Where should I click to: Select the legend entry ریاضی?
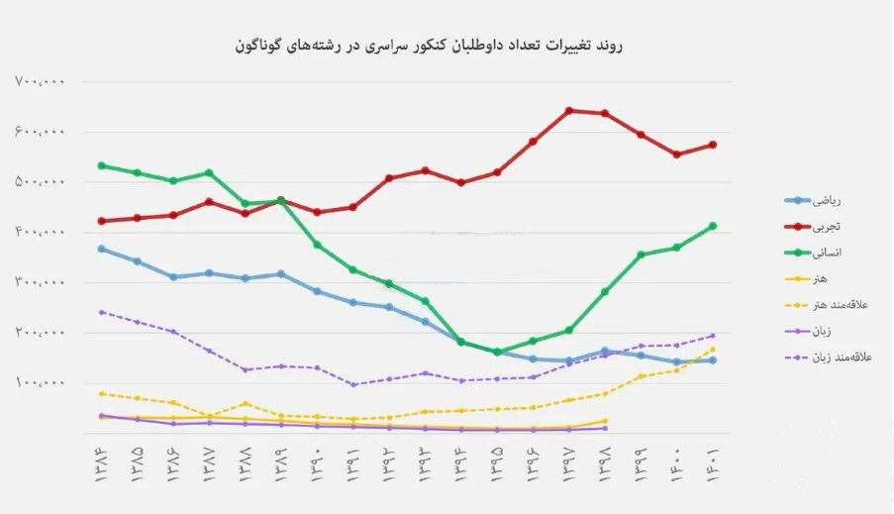tap(826, 201)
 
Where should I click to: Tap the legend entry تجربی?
tap(826, 227)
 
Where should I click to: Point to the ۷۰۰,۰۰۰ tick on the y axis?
tap(40, 82)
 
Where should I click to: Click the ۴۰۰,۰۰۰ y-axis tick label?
tap(40, 233)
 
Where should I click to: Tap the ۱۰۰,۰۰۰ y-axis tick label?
tap(40, 383)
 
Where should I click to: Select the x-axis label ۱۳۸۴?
tap(101, 462)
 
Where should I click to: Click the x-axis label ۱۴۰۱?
tap(713, 462)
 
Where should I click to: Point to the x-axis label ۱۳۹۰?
tap(317, 462)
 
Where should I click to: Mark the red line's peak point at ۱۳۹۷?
tap(569, 110)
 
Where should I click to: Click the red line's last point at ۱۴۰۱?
tap(713, 145)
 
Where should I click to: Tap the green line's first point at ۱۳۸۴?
tap(101, 165)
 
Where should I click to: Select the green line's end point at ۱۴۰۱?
tap(713, 226)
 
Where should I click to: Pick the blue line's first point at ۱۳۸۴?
tap(101, 249)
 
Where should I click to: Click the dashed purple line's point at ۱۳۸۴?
tap(101, 312)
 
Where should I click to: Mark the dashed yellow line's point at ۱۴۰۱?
tap(713, 349)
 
